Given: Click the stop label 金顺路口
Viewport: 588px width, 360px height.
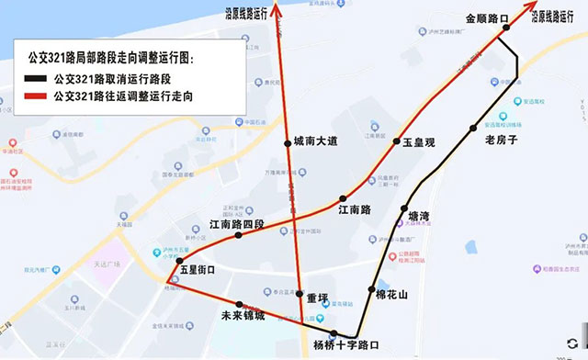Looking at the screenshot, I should pos(487,17).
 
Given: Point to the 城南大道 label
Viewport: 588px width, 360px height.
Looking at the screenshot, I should pos(316,141).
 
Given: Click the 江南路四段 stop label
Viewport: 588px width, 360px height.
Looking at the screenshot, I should pos(237,223).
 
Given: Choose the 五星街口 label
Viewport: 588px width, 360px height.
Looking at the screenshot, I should pos(197,270).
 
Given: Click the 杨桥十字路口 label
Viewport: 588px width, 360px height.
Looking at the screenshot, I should pos(345,346).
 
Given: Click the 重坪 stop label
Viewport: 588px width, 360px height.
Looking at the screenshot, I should pos(317,297).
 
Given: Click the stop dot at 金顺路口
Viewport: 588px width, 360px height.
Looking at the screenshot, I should pos(504,28).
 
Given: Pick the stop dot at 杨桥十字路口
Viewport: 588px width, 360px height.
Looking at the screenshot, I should pos(334,333).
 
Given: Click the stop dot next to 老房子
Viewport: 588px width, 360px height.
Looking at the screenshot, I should pos(473,129).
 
